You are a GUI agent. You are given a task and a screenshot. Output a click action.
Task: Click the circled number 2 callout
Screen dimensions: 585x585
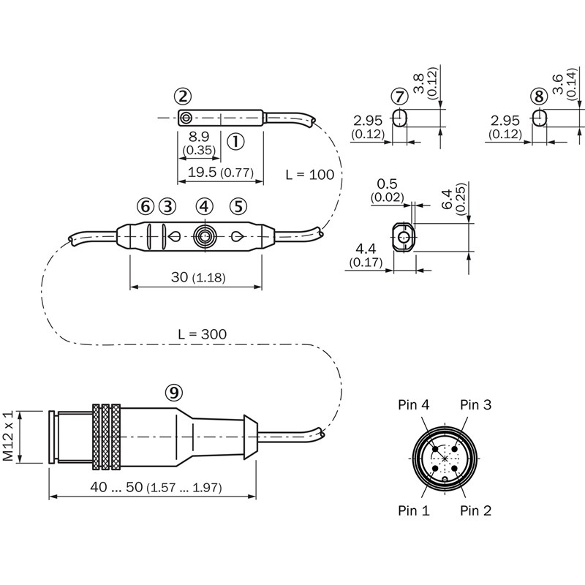coord(183,97)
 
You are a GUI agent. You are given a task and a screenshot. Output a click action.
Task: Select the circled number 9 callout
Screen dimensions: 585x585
coord(174,392)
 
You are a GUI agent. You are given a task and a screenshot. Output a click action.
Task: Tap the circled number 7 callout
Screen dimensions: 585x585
coord(399,97)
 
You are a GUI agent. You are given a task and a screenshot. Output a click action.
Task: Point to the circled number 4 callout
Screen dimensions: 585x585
coord(205,206)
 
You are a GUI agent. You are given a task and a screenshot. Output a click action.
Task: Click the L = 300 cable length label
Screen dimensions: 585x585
coord(203,334)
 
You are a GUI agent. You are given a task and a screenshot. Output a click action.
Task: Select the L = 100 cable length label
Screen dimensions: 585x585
coord(309,175)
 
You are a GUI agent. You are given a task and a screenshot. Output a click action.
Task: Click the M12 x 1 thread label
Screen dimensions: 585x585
coord(8,436)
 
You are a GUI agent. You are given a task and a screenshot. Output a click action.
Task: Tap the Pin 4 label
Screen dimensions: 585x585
coord(413,404)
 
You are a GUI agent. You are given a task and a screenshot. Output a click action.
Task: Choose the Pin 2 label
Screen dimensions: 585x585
coord(476,510)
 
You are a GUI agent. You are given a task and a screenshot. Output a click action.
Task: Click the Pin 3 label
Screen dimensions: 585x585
coord(476,404)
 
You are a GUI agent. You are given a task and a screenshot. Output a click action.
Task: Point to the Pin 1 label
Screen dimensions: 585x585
coord(413,510)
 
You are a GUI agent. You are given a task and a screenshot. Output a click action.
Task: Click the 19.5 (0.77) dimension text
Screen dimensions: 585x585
coord(221,173)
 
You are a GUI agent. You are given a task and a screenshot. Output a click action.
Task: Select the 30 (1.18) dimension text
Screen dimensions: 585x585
coord(198,277)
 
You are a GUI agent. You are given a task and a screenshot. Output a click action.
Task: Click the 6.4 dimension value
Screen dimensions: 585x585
coord(446,199)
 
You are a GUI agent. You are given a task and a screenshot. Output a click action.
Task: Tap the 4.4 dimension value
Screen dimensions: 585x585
coord(366,249)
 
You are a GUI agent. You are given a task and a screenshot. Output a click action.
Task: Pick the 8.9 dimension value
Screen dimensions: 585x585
coord(199,137)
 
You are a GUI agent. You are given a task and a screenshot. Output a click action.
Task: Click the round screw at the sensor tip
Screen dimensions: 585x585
coord(186,118)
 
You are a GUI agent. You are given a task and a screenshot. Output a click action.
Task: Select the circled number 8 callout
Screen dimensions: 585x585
coord(539,97)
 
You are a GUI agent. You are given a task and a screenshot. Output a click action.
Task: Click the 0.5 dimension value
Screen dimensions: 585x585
coord(387,184)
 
